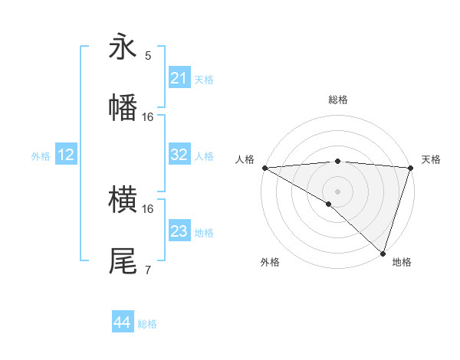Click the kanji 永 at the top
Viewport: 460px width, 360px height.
pyautogui.click(x=123, y=47)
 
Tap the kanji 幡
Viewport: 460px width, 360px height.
pyautogui.click(x=123, y=107)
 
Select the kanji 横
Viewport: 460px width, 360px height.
pyautogui.click(x=123, y=201)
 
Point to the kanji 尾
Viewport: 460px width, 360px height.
pyautogui.click(x=123, y=261)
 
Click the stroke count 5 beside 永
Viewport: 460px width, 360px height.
pyautogui.click(x=148, y=56)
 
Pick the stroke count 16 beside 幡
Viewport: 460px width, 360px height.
pyautogui.click(x=148, y=117)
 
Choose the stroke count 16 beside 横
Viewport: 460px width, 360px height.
pyautogui.click(x=148, y=208)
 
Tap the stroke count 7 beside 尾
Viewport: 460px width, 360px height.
pyautogui.click(x=148, y=270)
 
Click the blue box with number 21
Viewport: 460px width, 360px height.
pyautogui.click(x=179, y=78)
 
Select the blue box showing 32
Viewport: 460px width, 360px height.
pyautogui.click(x=179, y=155)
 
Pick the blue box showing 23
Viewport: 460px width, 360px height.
pyautogui.click(x=179, y=231)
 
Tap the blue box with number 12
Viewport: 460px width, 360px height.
pyautogui.click(x=66, y=155)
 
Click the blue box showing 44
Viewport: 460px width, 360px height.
pyautogui.click(x=123, y=322)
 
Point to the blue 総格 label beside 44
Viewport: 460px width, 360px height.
pyautogui.click(x=147, y=324)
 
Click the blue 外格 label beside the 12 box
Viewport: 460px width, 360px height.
pyautogui.click(x=41, y=156)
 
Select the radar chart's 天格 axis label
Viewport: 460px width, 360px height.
pyautogui.click(x=431, y=159)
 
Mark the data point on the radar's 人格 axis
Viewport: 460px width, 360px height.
pyautogui.click(x=264, y=168)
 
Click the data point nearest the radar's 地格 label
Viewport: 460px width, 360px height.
pyautogui.click(x=383, y=253)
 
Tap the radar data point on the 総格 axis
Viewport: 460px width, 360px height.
pyautogui.click(x=337, y=161)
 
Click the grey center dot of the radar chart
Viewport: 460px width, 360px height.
pyautogui.click(x=337, y=191)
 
